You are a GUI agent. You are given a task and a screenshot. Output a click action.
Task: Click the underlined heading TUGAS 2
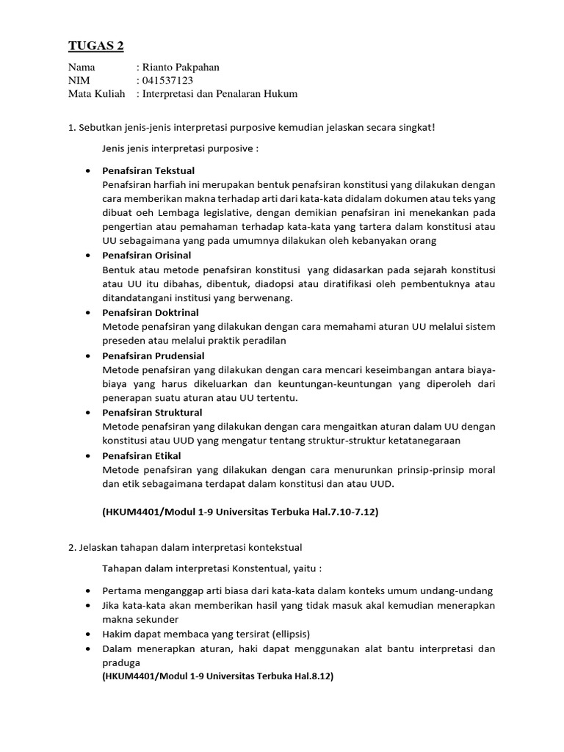pyautogui.click(x=96, y=46)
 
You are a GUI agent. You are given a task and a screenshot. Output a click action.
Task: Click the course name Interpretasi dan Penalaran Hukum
pyautogui.click(x=220, y=94)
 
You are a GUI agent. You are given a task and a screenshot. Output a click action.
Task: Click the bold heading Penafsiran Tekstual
pyautogui.click(x=148, y=171)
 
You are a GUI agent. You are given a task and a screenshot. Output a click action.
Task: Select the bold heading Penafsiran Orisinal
pyautogui.click(x=147, y=256)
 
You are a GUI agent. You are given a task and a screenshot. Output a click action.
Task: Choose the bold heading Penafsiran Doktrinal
pyautogui.click(x=151, y=312)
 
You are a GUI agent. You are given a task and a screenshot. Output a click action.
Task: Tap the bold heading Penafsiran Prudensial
pyautogui.click(x=153, y=355)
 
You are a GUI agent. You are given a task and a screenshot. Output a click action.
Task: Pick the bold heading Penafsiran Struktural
pyautogui.click(x=152, y=413)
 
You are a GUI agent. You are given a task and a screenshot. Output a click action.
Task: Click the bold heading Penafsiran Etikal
pyautogui.click(x=141, y=456)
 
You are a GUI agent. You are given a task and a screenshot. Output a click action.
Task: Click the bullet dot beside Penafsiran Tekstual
pyautogui.click(x=88, y=171)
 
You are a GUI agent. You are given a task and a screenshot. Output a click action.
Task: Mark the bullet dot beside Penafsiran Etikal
pyautogui.click(x=88, y=456)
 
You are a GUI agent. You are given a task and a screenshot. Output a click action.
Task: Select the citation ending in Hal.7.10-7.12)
pyautogui.click(x=239, y=512)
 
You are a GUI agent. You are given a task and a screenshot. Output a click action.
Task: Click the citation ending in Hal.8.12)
pyautogui.click(x=218, y=676)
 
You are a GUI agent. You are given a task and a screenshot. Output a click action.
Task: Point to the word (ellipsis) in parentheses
pyautogui.click(x=283, y=634)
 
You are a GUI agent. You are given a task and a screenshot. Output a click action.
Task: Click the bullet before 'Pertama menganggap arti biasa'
pyautogui.click(x=88, y=591)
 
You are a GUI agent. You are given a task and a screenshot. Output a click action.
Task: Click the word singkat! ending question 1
pyautogui.click(x=418, y=128)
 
